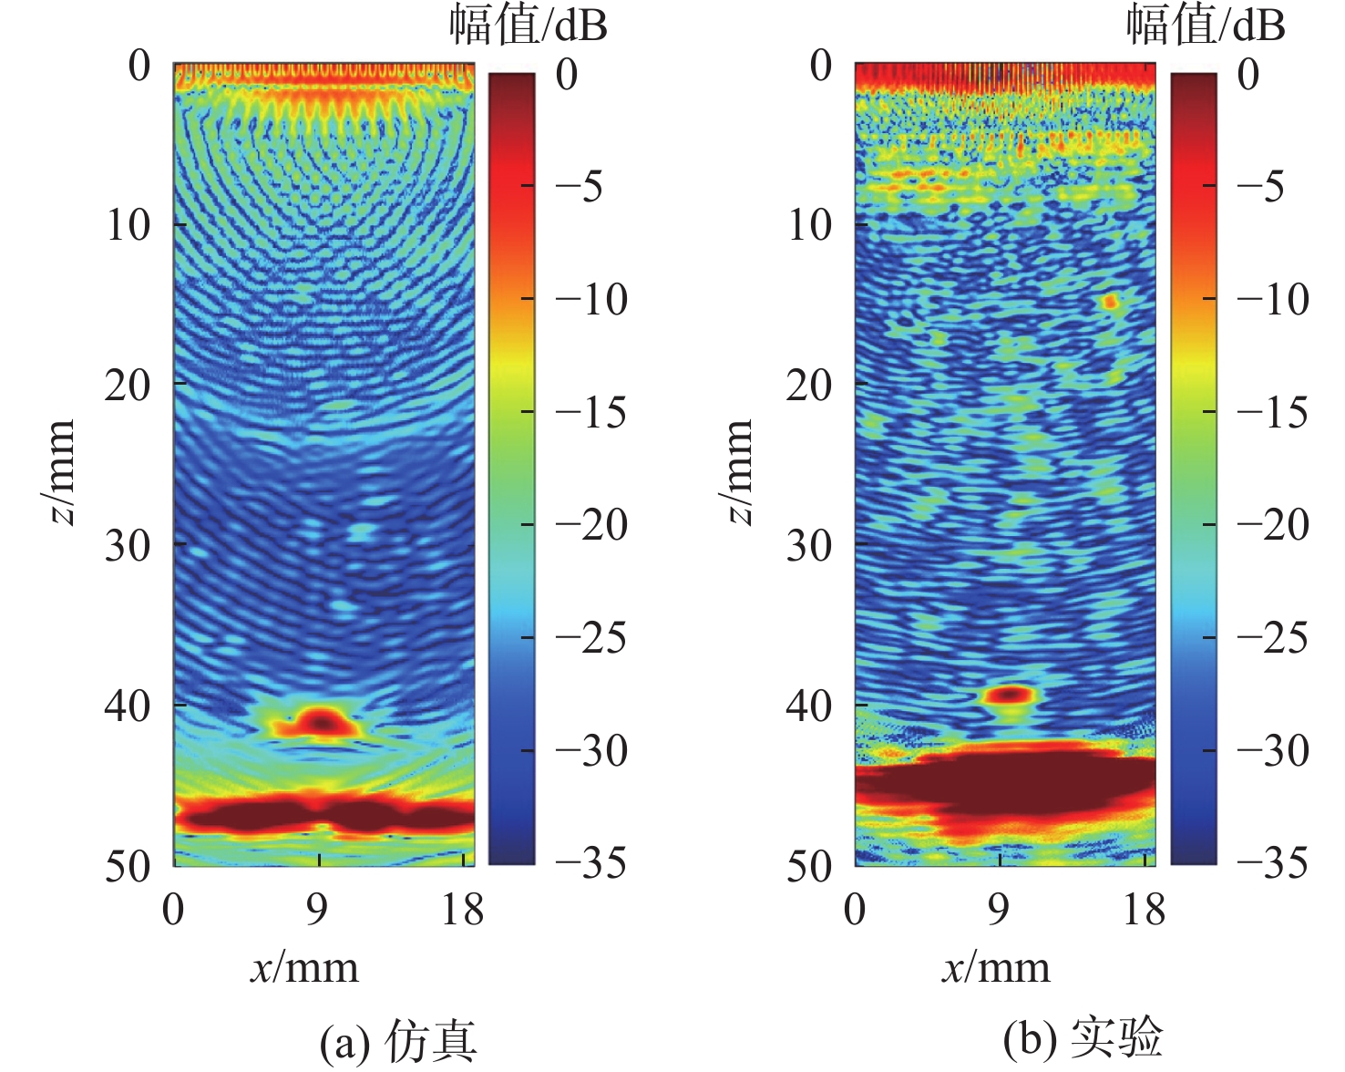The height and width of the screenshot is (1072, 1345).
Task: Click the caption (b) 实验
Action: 1082,1039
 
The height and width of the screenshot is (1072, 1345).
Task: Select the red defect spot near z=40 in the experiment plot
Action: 1009,695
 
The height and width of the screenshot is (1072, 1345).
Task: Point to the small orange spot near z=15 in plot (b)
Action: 1109,301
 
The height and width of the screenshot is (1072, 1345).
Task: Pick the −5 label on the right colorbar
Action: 1261,187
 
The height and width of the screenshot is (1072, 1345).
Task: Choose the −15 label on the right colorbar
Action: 1273,412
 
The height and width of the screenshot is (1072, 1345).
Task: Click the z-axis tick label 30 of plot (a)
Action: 128,545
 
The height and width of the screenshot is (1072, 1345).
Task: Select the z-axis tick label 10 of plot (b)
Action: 809,224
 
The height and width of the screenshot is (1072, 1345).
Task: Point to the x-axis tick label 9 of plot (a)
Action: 317,909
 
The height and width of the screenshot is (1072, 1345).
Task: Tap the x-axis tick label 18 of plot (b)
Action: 1145,909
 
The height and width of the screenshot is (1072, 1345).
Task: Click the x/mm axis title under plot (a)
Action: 305,968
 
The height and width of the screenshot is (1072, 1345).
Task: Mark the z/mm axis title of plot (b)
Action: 739,472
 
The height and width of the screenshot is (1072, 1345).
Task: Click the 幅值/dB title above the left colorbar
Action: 529,26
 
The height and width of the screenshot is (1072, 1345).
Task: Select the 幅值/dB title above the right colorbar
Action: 1206,26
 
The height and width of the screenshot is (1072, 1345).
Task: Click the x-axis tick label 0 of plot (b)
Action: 855,909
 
